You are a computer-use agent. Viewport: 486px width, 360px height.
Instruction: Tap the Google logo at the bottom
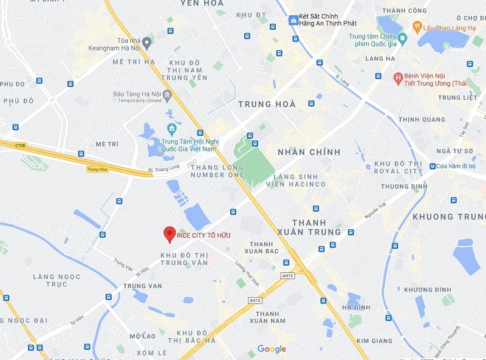[272, 348]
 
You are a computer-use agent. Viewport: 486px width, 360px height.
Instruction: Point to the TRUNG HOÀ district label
[267, 105]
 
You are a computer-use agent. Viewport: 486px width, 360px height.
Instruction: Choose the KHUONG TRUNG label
[449, 216]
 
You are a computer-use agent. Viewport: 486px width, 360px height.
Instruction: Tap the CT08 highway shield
[21, 146]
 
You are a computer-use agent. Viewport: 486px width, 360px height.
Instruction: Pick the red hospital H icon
[398, 77]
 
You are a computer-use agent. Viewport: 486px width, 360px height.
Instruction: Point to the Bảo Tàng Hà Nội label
[138, 94]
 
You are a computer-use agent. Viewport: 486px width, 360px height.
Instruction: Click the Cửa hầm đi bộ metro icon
[433, 166]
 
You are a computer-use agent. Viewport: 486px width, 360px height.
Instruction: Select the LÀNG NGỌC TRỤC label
[57, 280]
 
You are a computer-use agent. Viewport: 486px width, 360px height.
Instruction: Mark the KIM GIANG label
[374, 341]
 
